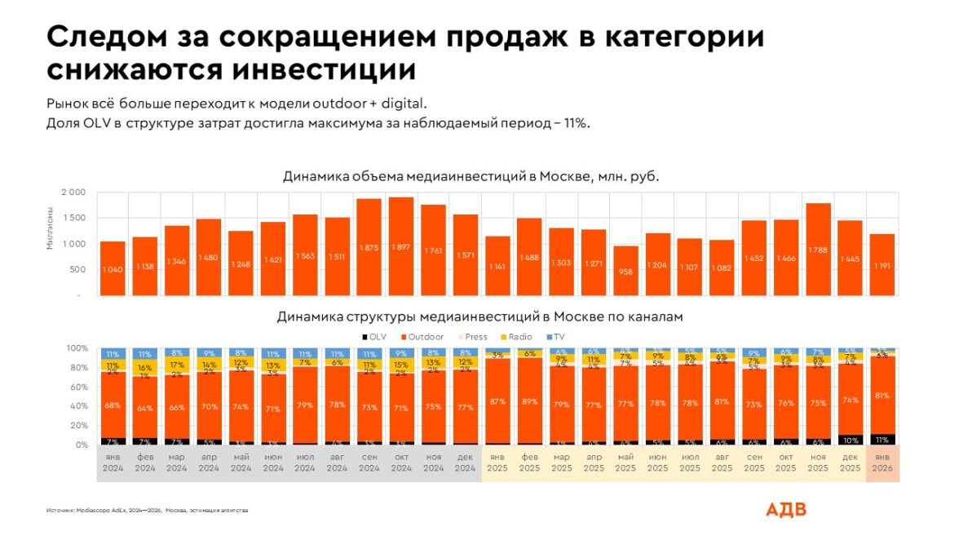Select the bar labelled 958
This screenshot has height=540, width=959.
coord(625,271)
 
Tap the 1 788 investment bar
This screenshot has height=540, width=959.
coord(818,249)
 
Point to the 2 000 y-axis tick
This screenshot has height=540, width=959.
coord(73,193)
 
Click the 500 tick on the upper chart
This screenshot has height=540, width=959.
coord(77,270)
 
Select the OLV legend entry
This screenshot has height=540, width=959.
coord(373,335)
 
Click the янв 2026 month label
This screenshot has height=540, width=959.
coord(882,463)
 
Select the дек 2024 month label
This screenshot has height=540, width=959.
coord(466,463)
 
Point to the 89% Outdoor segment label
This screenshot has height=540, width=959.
coord(530,401)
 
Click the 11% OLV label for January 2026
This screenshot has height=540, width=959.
coord(882,439)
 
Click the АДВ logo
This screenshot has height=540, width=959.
coord(785,510)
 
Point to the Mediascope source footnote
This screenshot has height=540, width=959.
coord(147,511)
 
